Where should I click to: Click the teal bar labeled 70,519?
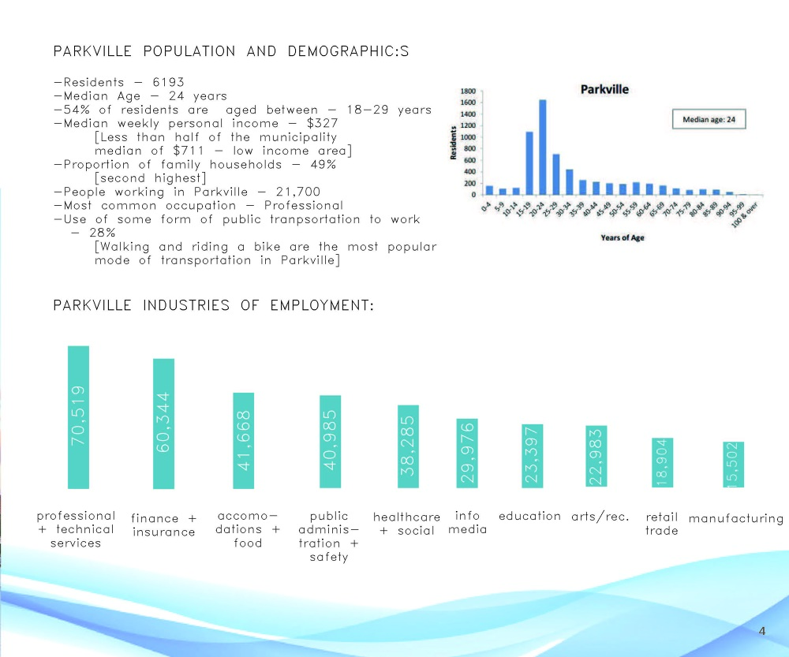pos(79,416)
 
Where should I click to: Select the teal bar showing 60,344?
pos(163,423)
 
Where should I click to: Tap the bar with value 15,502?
pos(734,464)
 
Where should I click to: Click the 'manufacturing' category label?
pos(735,518)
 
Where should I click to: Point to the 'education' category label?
pos(529,516)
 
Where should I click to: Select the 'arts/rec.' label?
pos(600,517)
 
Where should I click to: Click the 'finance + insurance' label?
pos(163,524)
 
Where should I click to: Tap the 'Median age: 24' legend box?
pos(709,119)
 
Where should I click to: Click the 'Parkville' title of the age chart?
pos(604,89)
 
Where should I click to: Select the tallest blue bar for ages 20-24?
pos(543,147)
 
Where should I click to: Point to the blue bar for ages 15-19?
pos(529,162)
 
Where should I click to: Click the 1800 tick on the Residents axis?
pos(467,91)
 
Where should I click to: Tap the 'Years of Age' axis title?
pos(623,237)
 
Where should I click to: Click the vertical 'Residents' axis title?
pos(454,142)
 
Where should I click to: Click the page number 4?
pos(761,630)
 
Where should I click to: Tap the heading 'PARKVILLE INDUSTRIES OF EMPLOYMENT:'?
pos(213,305)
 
